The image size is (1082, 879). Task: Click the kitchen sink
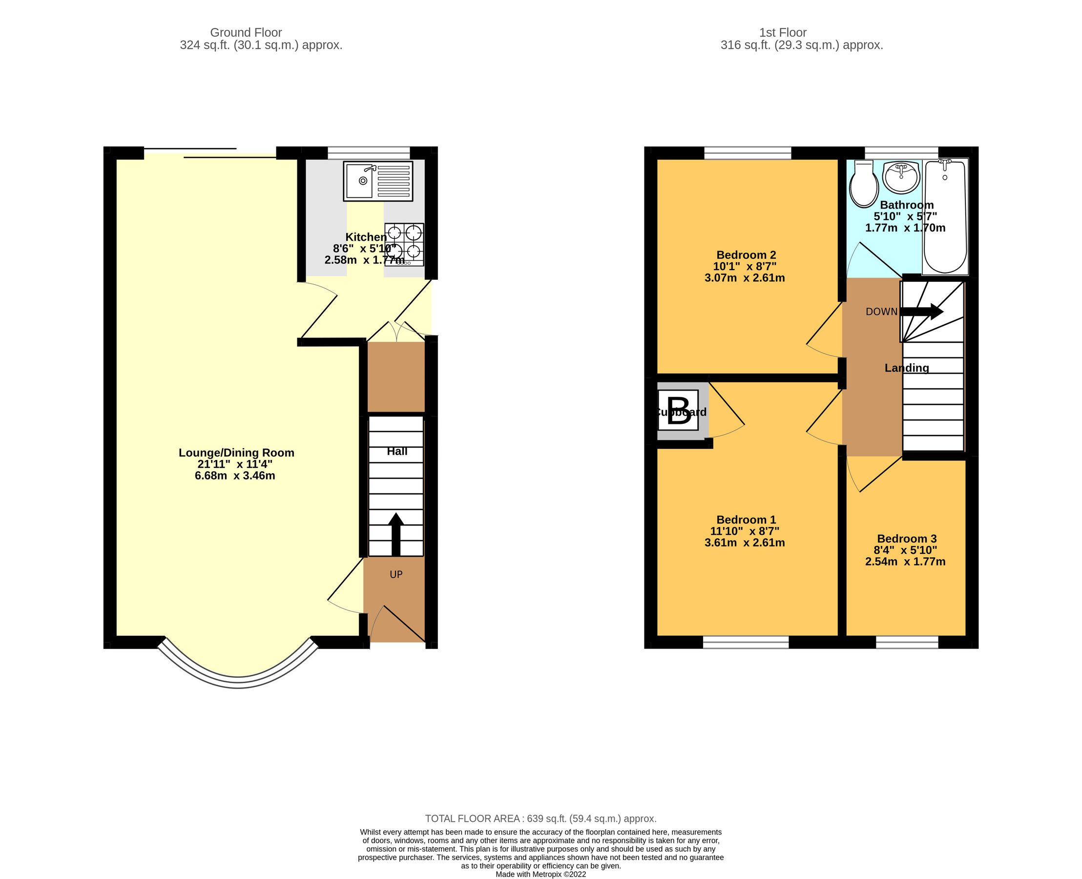[378, 181]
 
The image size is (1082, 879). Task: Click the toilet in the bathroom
[863, 184]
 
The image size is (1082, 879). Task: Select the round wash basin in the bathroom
[901, 177]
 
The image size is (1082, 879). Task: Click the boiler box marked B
[678, 409]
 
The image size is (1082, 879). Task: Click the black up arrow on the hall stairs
[395, 534]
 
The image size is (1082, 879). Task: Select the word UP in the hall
[395, 574]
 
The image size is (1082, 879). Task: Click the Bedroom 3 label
[906, 539]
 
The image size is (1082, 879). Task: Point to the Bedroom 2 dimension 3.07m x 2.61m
[744, 277]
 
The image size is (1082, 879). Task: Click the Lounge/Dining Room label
[236, 453]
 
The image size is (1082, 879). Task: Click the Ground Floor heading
[246, 32]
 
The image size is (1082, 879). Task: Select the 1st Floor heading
[782, 32]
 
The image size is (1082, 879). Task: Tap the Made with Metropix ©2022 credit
[540, 874]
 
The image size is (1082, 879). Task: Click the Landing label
[906, 368]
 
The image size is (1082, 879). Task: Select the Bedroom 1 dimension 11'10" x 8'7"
[744, 531]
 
